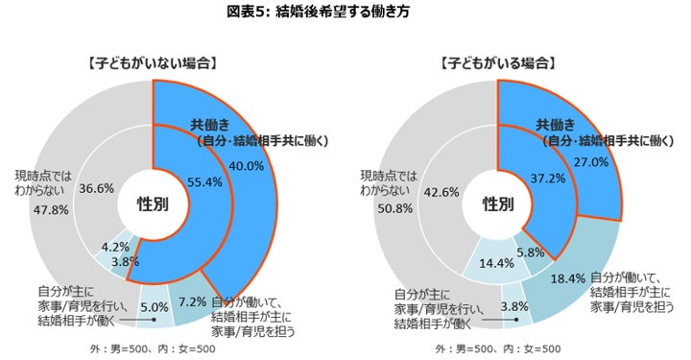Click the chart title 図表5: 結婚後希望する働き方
pyautogui.click(x=319, y=12)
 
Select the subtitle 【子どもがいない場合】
pyautogui.click(x=152, y=63)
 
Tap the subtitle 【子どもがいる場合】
pyautogui.click(x=497, y=63)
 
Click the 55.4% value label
pyautogui.click(x=204, y=182)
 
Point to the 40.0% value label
pyautogui.click(x=247, y=166)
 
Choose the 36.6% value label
pyautogui.click(x=96, y=188)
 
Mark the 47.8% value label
pyautogui.click(x=51, y=209)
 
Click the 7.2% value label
pyautogui.click(x=193, y=301)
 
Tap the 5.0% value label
pyautogui.click(x=155, y=306)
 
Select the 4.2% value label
pyautogui.click(x=115, y=247)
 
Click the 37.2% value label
pyautogui.click(x=548, y=178)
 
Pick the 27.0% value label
pyautogui.click(x=591, y=161)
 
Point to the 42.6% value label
pyautogui.click(x=441, y=192)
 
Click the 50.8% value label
pyautogui.click(x=394, y=208)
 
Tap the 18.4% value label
pyautogui.click(x=568, y=278)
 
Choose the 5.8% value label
pyautogui.click(x=531, y=252)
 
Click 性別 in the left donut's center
pyautogui.click(x=153, y=204)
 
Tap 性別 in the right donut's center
pyautogui.click(x=498, y=204)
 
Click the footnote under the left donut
pyautogui.click(x=153, y=349)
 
